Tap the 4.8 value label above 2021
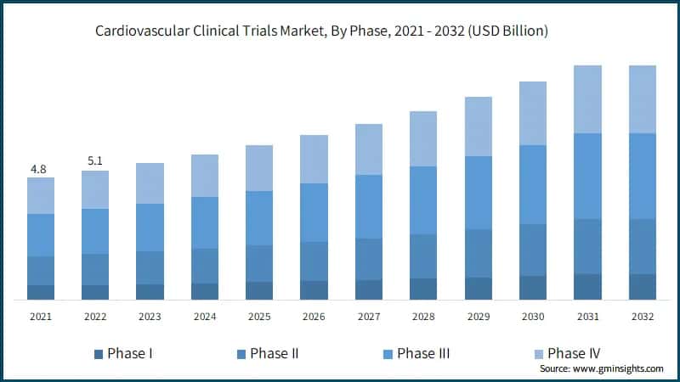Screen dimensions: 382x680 (x=39, y=169)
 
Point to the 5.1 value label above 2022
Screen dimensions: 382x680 (x=94, y=162)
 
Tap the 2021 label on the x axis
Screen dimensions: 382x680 (x=40, y=317)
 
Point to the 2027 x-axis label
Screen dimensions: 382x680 (x=368, y=317)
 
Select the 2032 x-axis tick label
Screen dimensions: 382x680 (x=642, y=317)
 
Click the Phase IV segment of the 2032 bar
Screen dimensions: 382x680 (x=642, y=99)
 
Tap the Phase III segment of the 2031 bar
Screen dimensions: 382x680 (x=587, y=176)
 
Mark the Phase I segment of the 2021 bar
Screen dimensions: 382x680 (x=41, y=292)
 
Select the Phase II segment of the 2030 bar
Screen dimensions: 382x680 (x=532, y=250)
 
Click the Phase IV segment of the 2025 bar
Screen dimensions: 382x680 (x=259, y=168)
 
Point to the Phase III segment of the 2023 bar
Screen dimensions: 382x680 (x=150, y=228)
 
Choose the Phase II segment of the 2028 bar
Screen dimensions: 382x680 (x=423, y=256)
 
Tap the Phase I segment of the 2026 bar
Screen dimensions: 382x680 (x=314, y=289)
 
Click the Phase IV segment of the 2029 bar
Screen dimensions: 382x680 (x=478, y=126)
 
